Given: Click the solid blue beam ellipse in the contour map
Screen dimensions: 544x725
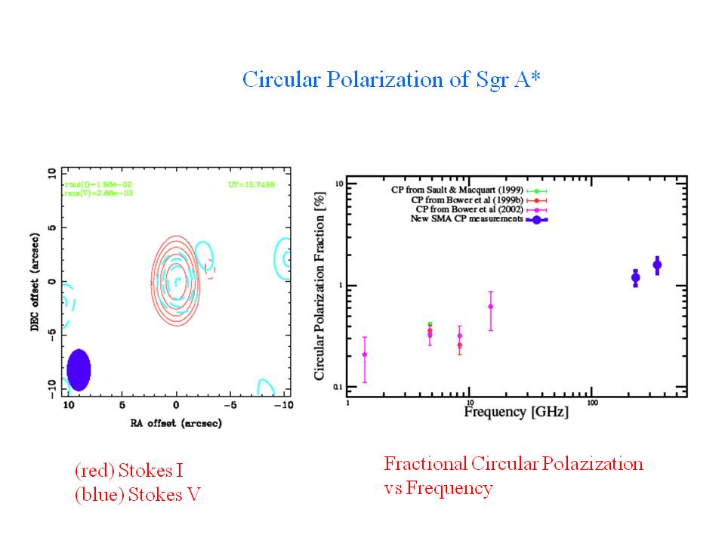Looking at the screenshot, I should (79, 369).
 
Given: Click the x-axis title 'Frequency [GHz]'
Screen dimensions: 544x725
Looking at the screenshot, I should (516, 413).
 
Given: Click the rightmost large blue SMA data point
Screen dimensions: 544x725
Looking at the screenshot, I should (657, 264).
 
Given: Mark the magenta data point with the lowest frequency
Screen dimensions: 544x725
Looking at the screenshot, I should (365, 354).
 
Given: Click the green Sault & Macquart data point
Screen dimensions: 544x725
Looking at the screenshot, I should (430, 324).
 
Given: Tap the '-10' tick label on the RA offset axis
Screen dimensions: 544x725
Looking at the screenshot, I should (283, 405).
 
